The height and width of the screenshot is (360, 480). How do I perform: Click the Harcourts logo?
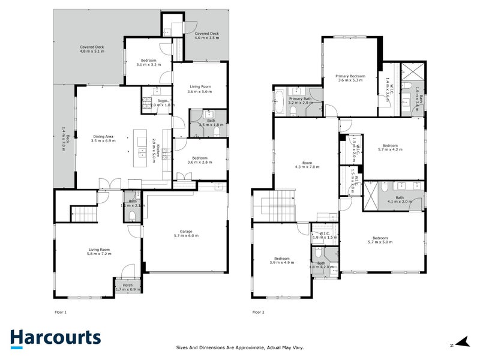pos(55,337)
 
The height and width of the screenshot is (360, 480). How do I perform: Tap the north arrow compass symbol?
pos(461,343)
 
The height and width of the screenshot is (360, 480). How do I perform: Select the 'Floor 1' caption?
pos(61,312)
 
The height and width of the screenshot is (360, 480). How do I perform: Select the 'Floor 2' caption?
pos(258,312)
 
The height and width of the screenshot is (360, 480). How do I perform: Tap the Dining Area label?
pos(103,139)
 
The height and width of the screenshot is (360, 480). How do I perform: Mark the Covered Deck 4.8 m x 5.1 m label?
pos(92,49)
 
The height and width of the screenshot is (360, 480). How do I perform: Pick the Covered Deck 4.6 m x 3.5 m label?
pos(206,36)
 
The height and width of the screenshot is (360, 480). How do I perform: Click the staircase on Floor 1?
pos(84,213)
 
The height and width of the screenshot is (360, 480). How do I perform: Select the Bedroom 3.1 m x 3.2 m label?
pos(148,62)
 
